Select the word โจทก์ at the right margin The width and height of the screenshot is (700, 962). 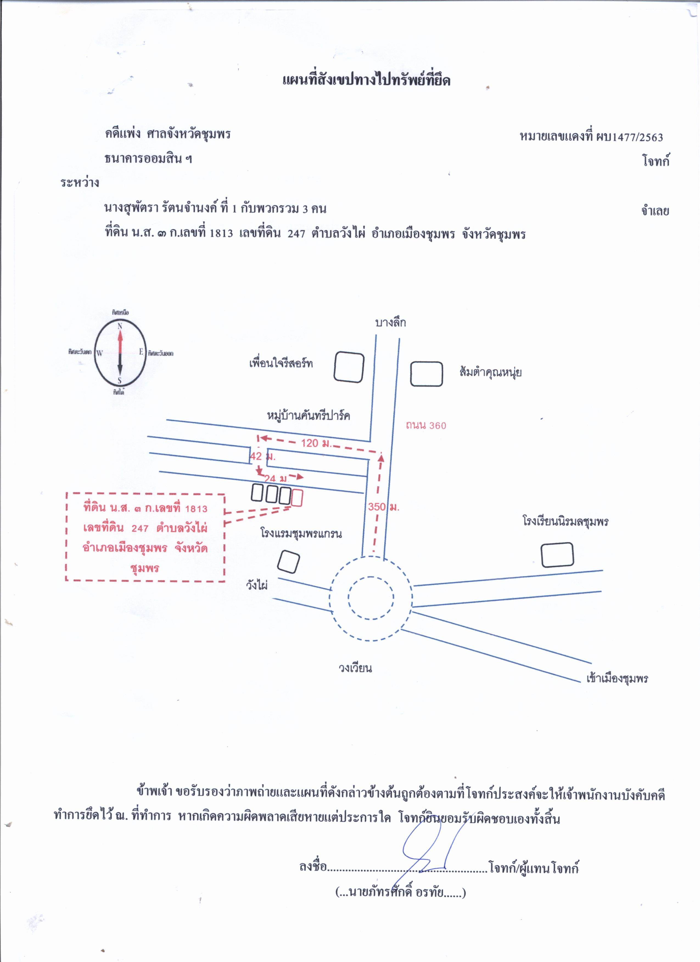[656, 161]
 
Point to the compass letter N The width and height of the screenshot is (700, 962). [120, 326]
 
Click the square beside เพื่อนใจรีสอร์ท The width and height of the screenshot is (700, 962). [349, 367]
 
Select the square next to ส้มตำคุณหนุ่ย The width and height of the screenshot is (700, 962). [426, 374]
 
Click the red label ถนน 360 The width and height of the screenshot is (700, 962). [426, 425]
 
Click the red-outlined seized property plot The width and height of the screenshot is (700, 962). [297, 498]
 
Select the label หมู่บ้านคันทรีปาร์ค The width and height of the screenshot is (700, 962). [309, 415]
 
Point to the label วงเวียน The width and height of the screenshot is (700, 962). [355, 668]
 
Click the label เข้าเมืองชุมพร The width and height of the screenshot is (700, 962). [617, 678]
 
